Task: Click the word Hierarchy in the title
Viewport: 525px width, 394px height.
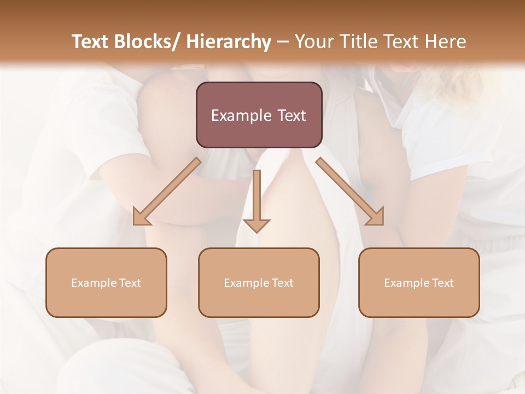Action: (229, 42)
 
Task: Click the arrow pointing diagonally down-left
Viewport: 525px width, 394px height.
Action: (167, 192)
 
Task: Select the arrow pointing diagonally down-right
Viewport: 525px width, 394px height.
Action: (350, 192)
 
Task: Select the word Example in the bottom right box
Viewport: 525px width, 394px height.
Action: (402, 283)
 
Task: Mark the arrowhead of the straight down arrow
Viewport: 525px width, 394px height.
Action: (256, 225)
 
